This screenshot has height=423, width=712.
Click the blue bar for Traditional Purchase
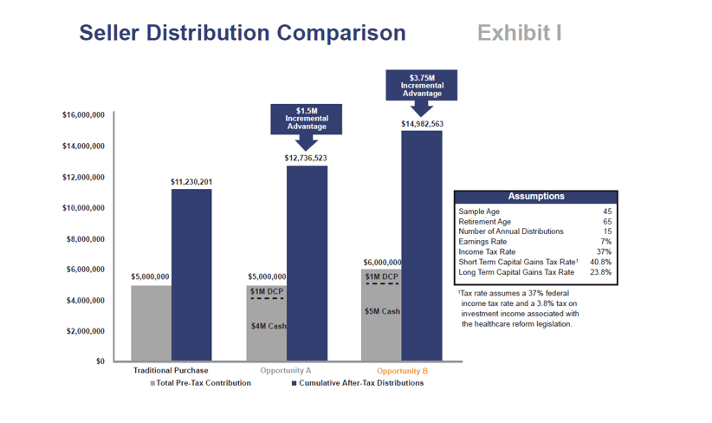[x=191, y=275]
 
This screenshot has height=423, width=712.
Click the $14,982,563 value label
[x=422, y=124]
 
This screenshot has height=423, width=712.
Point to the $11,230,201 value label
[x=191, y=182]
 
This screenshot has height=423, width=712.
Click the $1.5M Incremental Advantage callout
[x=307, y=119]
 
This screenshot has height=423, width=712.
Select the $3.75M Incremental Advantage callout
[x=422, y=86]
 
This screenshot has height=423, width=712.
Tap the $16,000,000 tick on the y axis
[x=84, y=115]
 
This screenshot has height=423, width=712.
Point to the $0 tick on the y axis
[x=99, y=361]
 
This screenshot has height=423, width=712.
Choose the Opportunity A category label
[x=286, y=371]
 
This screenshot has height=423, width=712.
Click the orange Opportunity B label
[x=402, y=371]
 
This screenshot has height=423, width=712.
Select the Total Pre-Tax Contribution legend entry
[x=201, y=383]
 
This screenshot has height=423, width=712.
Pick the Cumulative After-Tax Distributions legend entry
[x=359, y=383]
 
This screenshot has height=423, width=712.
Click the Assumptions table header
[x=535, y=197]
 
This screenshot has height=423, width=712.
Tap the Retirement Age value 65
[x=606, y=222]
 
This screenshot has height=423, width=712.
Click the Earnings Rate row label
[x=482, y=242]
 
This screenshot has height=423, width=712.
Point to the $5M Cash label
[x=382, y=311]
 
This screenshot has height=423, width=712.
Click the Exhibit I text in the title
[x=519, y=34]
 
